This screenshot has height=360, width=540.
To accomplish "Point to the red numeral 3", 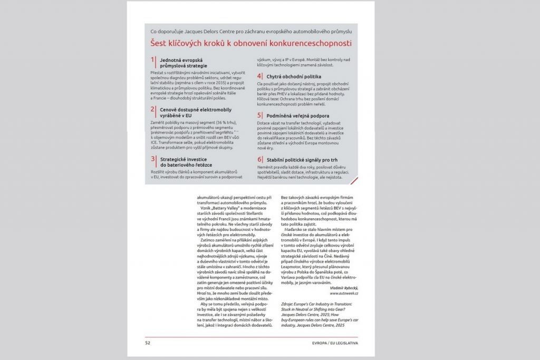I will [153, 159].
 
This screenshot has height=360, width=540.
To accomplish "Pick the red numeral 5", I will [259, 115].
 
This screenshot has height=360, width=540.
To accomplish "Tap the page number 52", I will [148, 343].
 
